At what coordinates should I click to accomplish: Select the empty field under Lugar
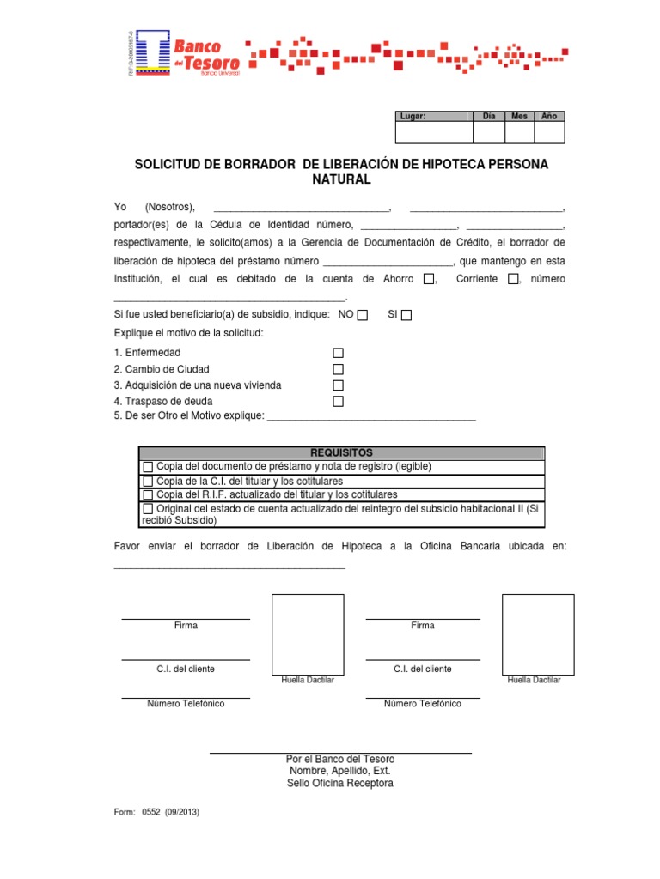tap(433, 132)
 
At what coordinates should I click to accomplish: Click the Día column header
tap(489, 116)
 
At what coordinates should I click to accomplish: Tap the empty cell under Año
tap(549, 132)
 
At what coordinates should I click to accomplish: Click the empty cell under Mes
tap(519, 132)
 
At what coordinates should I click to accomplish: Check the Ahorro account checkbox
tap(429, 279)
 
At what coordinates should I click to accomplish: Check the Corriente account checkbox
tap(513, 279)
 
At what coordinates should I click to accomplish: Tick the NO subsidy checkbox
tap(363, 315)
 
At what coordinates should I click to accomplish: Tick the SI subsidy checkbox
tap(406, 315)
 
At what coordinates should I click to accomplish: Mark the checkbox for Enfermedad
tap(338, 353)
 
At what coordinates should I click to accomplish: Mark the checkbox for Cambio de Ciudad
tap(338, 369)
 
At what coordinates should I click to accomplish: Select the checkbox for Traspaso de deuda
tap(338, 401)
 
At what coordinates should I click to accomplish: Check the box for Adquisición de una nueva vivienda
tap(338, 385)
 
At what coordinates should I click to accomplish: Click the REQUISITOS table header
tap(341, 452)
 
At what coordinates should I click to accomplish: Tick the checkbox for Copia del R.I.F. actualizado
tap(148, 495)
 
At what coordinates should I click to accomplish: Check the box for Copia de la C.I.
tap(148, 482)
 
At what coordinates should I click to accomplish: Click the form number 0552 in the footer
tap(153, 811)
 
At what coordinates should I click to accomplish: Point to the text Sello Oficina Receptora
tap(340, 784)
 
